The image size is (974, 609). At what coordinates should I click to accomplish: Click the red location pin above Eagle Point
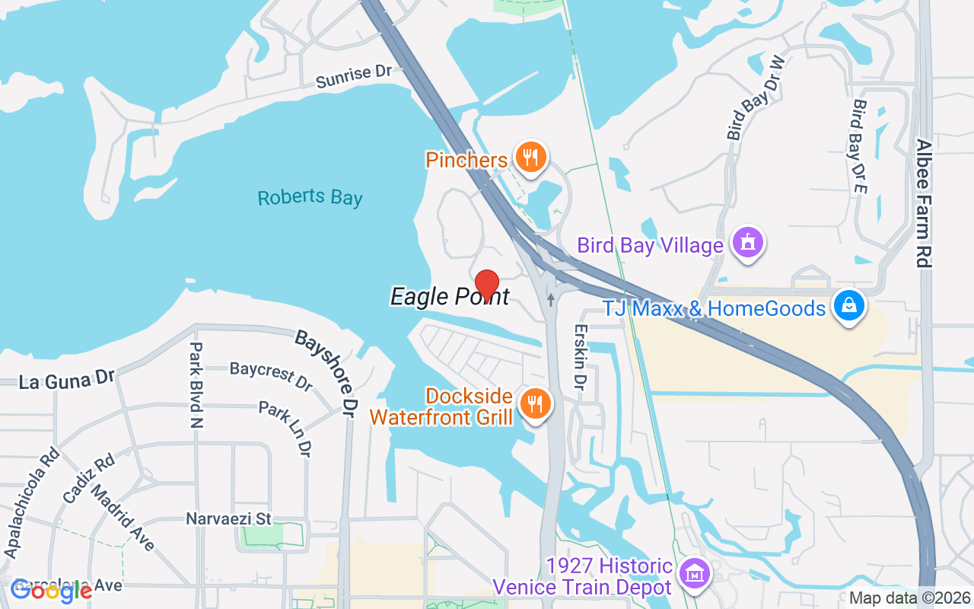486,285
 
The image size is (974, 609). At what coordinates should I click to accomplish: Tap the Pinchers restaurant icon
530,158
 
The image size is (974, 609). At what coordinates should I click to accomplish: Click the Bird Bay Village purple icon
748,243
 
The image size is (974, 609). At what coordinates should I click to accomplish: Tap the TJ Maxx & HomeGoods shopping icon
848,306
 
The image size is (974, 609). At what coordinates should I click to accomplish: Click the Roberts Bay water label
310,198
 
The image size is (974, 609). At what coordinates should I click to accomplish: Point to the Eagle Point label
449,296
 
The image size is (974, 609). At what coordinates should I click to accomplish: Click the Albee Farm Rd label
924,202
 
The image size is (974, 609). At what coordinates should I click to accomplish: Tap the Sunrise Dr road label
353,76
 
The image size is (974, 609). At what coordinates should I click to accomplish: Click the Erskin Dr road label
581,358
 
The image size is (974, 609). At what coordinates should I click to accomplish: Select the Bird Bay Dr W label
755,97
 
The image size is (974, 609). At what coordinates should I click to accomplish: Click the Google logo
52,590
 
